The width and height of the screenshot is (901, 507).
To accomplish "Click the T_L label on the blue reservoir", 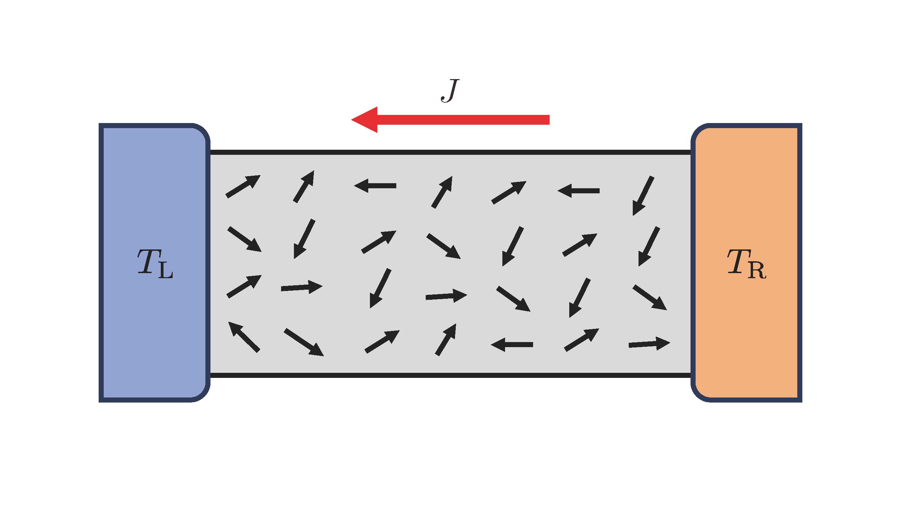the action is [x=155, y=264].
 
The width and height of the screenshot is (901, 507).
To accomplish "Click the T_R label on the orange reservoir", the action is [x=746, y=264].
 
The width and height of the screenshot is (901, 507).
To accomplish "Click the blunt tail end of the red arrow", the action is [x=549, y=120].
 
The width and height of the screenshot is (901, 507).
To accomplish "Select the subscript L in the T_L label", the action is [x=166, y=270].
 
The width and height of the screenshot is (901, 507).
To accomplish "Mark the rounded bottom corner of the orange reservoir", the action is [x=698, y=394].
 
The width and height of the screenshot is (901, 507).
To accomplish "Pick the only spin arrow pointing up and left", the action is [x=244, y=337].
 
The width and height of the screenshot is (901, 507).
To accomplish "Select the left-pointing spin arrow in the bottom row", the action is [x=512, y=345].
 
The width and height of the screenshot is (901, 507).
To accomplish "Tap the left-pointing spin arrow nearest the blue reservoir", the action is [x=375, y=186].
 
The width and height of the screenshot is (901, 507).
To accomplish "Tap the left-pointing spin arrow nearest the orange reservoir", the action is [x=578, y=191].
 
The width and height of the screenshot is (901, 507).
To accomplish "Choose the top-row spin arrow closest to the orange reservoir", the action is [x=643, y=196].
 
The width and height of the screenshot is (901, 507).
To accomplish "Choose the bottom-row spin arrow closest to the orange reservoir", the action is [x=649, y=344].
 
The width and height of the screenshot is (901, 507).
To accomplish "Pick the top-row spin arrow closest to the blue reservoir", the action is [x=243, y=186].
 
